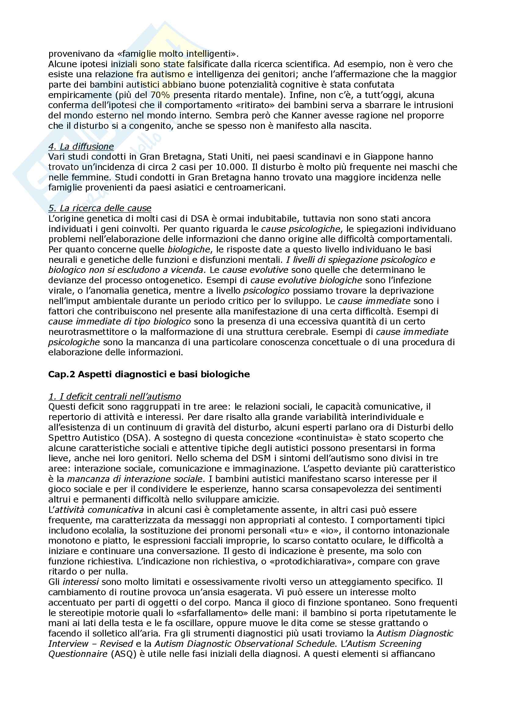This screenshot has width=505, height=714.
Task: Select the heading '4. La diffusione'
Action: [81, 146]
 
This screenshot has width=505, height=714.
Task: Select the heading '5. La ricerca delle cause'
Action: [100, 208]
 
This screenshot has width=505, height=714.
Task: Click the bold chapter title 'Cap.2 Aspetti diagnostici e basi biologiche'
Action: [149, 374]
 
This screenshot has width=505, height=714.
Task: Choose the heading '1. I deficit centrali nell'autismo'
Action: [115, 397]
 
